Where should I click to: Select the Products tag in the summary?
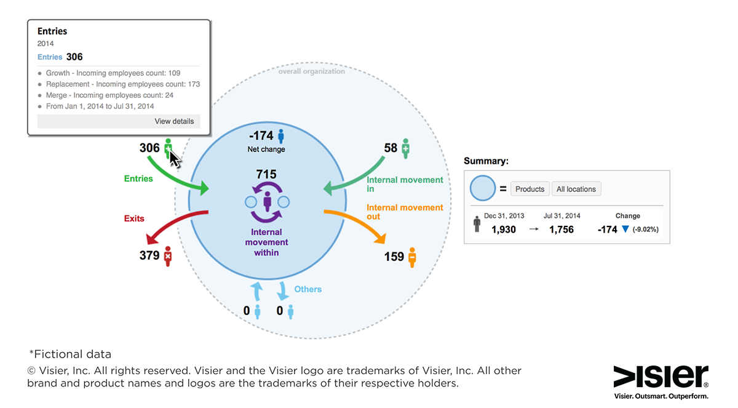[x=530, y=189]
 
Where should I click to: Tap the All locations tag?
[x=576, y=189]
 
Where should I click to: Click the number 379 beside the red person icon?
[x=149, y=255]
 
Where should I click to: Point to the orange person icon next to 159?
[x=412, y=257]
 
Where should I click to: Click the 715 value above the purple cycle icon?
[x=266, y=174]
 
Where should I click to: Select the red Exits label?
[x=134, y=218]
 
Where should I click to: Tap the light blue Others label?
[x=307, y=289]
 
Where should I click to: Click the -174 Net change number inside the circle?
[x=261, y=135]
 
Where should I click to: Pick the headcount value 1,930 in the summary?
[x=504, y=230]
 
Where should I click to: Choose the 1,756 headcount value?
[x=561, y=230]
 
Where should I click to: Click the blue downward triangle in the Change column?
[x=625, y=229]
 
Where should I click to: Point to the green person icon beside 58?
[x=405, y=149]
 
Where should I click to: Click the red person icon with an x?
[x=168, y=256]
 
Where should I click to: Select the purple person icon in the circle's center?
[x=267, y=201]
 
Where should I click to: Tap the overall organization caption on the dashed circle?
[x=311, y=71]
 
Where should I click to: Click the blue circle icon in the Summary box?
[x=483, y=188]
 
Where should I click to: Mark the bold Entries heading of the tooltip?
[x=52, y=31]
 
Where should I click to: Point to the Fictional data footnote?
[x=70, y=354]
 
